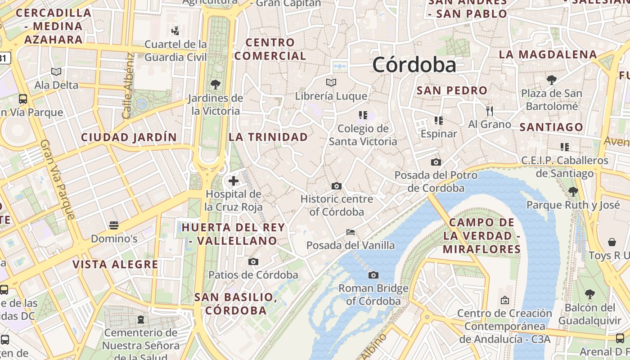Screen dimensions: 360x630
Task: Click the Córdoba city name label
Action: coord(414,65)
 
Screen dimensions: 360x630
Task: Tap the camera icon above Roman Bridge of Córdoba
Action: coord(373,275)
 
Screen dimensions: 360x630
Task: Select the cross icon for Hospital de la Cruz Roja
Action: coord(233,181)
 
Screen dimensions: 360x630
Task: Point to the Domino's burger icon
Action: coord(114,225)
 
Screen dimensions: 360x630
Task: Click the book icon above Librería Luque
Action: coord(331,83)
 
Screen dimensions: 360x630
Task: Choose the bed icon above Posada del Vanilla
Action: coord(351,232)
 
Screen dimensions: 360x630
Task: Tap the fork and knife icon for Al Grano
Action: coord(490,111)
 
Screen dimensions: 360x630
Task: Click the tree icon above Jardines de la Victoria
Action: coord(216,84)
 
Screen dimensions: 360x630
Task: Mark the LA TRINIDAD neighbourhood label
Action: coord(268,137)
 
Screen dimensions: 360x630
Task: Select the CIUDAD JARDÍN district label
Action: coord(129,137)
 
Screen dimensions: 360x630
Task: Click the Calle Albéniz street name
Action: coord(128,85)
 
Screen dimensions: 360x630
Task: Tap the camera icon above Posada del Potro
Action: coord(436,162)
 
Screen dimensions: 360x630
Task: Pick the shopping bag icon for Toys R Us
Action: coord(612,242)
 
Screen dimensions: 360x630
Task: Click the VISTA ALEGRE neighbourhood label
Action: coord(116,264)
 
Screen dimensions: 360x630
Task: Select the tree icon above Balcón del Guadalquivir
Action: coord(589,295)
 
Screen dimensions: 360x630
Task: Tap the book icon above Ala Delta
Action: coord(56,72)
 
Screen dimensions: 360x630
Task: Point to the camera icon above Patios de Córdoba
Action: coord(253,261)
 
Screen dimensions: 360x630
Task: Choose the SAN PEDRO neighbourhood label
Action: coord(452,90)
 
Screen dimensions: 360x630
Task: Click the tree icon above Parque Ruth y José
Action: coord(573,192)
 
